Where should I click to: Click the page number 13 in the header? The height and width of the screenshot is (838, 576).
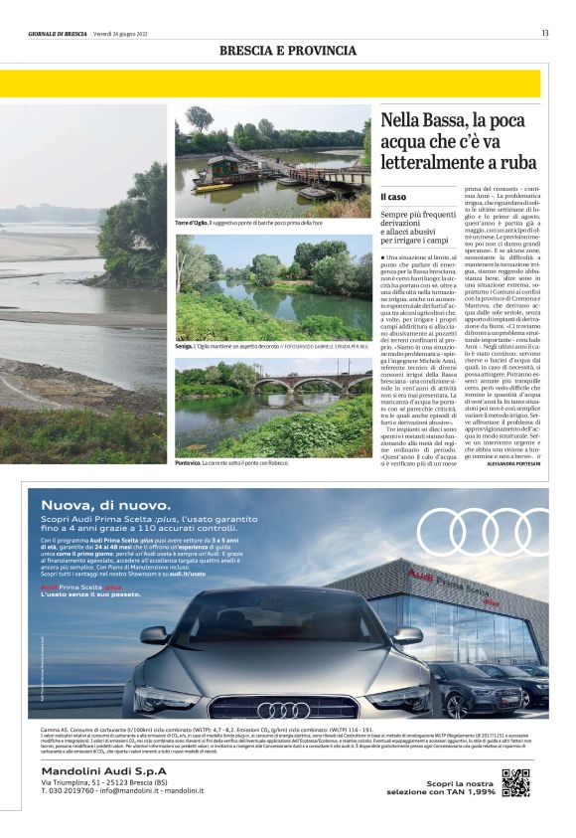(545, 33)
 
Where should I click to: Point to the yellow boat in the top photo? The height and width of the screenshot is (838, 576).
(212, 186)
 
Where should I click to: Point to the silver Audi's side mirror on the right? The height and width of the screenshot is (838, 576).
(406, 634)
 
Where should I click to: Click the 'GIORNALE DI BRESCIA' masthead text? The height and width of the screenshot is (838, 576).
(58, 33)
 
